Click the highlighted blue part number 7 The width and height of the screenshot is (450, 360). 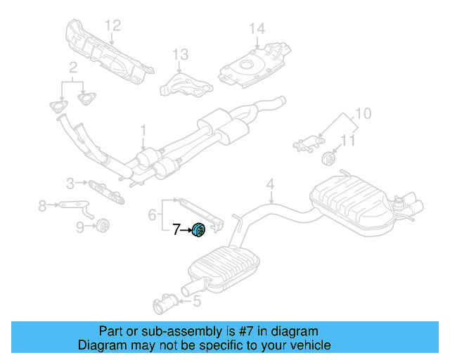click(198, 230)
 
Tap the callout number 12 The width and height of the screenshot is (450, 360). click(112, 25)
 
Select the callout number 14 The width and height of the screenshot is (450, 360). click(257, 29)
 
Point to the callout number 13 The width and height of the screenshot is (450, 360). click(180, 54)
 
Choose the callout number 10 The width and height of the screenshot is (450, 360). click(364, 113)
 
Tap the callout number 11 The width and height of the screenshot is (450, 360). click(348, 141)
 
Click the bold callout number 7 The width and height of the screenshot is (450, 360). click(176, 229)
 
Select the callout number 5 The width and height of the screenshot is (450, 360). click(197, 301)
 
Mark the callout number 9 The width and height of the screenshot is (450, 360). click(80, 227)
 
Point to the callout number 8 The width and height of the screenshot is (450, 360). click(42, 206)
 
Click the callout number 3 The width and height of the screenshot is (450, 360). click(70, 184)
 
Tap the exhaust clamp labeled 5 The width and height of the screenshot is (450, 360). click(165, 304)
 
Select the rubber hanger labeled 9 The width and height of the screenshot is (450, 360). click(103, 226)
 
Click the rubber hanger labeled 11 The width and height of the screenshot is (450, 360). click(328, 159)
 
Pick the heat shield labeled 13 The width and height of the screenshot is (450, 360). click(186, 86)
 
